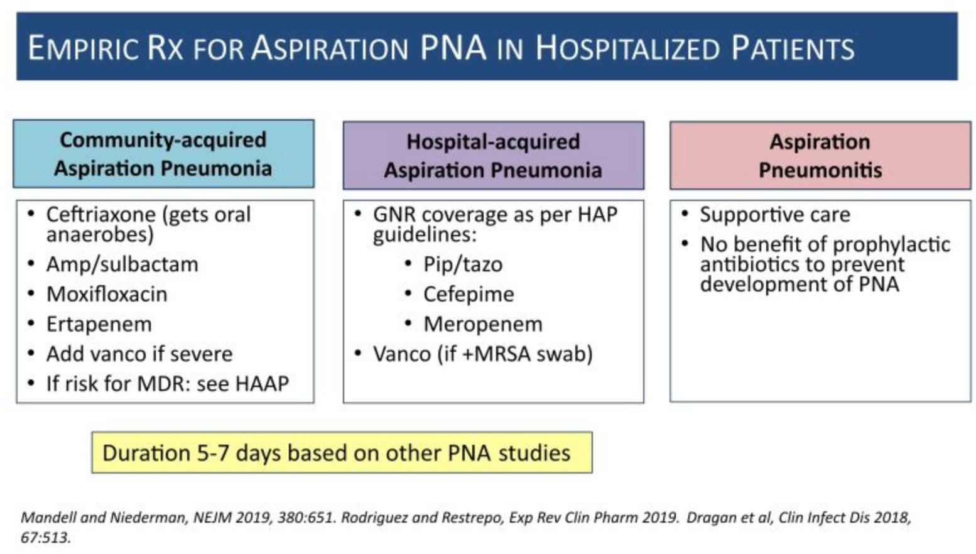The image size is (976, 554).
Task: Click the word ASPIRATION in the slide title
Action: [x=330, y=49]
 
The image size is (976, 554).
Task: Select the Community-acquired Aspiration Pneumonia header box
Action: [x=163, y=154]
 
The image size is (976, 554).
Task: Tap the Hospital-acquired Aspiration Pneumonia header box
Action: [x=493, y=156]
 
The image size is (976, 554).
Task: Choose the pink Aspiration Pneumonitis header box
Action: [x=820, y=156]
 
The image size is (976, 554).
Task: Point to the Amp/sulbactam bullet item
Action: [x=122, y=264]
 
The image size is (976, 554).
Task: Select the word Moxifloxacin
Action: [x=107, y=294]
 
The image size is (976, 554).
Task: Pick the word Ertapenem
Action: [x=99, y=324]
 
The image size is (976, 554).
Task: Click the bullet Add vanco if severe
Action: [x=139, y=354]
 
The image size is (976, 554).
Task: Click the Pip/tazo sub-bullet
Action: [x=463, y=264]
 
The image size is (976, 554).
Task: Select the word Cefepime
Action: [x=469, y=294]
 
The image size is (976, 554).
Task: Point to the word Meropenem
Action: [x=482, y=324]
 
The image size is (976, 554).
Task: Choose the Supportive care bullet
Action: [x=775, y=215]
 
